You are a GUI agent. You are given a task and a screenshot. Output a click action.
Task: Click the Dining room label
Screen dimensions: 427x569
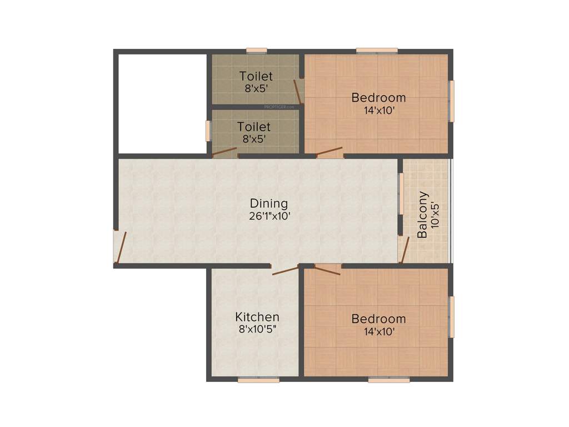[269, 203]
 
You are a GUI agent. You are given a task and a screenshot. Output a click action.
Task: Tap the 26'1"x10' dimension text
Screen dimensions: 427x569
[270, 216]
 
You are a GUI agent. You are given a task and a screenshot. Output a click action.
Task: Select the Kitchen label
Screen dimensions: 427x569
[257, 317]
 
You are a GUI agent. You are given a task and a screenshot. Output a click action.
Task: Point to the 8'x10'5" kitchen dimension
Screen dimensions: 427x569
[257, 329]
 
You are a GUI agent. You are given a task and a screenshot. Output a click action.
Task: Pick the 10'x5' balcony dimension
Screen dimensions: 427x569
[435, 215]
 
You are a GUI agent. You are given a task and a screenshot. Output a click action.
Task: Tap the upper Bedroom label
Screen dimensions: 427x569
[378, 98]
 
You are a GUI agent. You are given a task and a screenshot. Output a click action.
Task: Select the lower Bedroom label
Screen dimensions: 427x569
[378, 319]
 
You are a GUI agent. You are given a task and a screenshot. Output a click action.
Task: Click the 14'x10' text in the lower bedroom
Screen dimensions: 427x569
[379, 332]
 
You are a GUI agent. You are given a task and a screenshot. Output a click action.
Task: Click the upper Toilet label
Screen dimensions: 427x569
[256, 76]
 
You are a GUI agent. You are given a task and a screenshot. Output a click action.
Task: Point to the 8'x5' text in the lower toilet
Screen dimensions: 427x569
[254, 139]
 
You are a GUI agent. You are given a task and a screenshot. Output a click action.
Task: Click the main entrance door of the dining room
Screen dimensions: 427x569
[119, 247]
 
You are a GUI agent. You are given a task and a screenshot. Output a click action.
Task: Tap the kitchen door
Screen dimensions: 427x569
[285, 271]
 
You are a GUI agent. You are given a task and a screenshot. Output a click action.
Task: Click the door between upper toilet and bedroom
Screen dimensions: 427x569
[298, 91]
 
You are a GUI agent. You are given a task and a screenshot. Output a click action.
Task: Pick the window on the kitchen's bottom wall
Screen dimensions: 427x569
[258, 380]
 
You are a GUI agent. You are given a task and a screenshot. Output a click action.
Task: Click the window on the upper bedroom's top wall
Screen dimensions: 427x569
[377, 51]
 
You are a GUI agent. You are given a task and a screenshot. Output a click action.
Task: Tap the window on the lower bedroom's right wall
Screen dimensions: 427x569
[452, 317]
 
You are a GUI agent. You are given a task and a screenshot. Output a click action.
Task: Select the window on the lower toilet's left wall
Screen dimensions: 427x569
[209, 131]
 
